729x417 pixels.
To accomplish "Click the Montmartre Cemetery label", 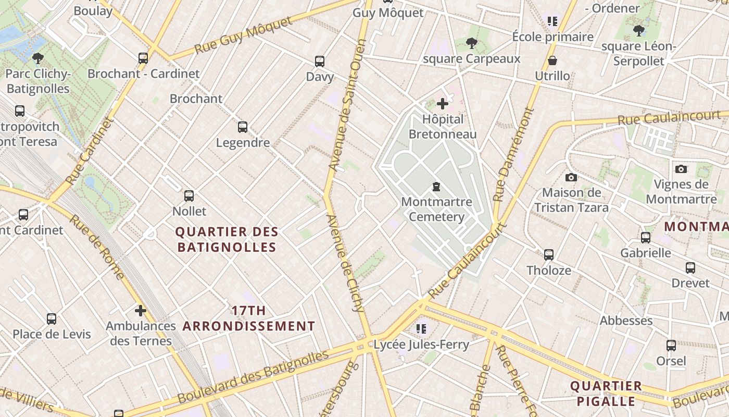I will click(x=436, y=209).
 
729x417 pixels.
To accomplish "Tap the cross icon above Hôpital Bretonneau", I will click(x=442, y=104).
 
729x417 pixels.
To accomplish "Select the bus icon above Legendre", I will click(x=242, y=127).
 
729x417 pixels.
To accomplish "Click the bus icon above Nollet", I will click(x=189, y=196).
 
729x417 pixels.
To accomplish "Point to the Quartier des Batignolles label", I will click(x=227, y=239).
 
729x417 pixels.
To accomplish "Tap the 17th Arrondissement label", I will click(x=249, y=318).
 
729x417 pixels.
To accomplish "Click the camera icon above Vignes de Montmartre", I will click(x=681, y=169).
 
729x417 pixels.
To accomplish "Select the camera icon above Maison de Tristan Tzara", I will click(x=571, y=177).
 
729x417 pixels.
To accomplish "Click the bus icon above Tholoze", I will click(x=549, y=254).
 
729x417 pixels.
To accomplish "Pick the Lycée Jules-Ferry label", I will click(x=421, y=344).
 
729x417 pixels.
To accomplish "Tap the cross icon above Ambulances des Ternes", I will click(x=140, y=311).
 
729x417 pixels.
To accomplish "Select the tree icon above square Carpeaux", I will click(x=472, y=43).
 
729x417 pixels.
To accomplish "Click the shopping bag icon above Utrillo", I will click(x=552, y=60).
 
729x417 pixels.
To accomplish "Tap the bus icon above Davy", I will click(x=320, y=61).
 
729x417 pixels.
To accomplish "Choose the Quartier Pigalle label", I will click(x=606, y=394).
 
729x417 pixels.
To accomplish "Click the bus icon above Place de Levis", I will click(x=52, y=318).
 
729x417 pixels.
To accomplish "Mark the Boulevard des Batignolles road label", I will click(x=253, y=377).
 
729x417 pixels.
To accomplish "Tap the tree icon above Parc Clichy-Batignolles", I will click(x=37, y=58).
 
